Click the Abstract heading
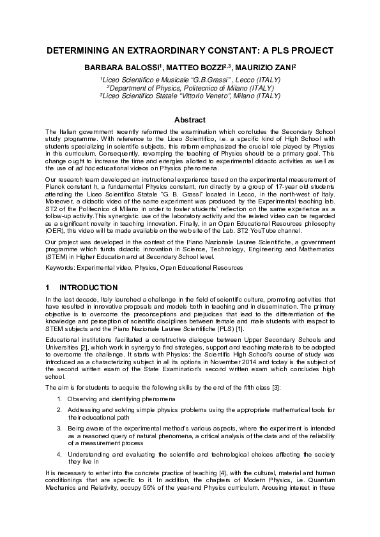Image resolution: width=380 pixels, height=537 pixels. tap(190, 119)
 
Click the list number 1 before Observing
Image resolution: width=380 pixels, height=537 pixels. tap(58, 398)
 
